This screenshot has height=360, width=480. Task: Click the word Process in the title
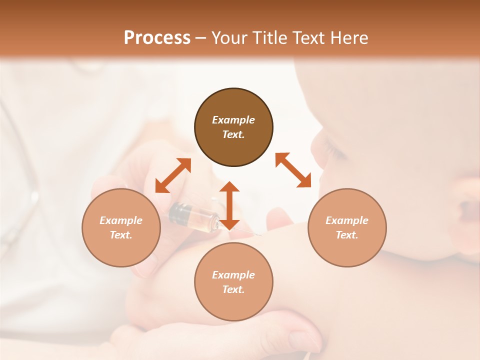157,38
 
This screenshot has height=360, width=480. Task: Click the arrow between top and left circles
173,175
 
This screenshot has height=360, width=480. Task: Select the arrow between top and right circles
293,170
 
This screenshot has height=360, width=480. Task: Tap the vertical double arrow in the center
229,205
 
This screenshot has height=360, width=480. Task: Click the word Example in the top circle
233,120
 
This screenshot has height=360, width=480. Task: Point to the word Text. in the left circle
121,235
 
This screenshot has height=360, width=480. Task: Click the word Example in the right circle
347,220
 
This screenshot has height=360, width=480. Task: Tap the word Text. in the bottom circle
233,289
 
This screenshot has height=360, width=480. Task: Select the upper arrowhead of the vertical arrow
229,186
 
